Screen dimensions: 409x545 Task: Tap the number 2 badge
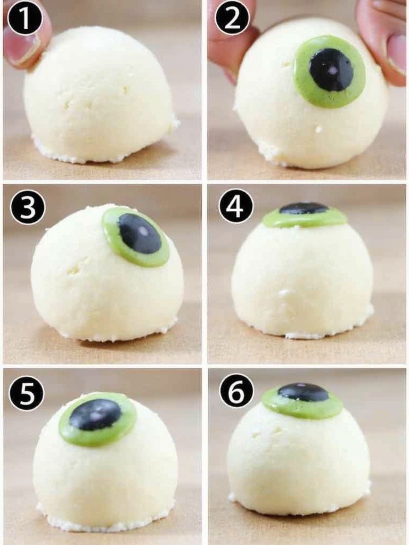point(232,18)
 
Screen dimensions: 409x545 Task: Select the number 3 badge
point(28,208)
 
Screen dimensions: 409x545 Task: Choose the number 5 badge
point(26,394)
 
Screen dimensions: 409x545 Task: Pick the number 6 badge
point(237,391)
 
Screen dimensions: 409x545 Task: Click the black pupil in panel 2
point(331,70)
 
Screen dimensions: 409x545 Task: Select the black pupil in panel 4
point(304,208)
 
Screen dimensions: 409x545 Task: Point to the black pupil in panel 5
point(95,415)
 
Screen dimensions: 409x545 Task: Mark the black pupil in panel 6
point(303,392)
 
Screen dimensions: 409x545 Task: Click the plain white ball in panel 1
point(99,96)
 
